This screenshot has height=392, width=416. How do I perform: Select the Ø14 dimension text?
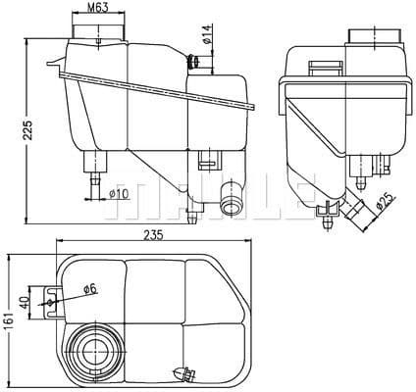[209, 38]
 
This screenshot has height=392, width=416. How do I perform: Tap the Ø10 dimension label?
[119, 194]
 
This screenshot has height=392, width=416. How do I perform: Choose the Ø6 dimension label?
[89, 289]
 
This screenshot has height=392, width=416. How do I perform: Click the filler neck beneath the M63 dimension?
[98, 31]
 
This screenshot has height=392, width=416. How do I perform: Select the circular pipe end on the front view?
[232, 206]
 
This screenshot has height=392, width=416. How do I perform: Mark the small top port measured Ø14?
[195, 63]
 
